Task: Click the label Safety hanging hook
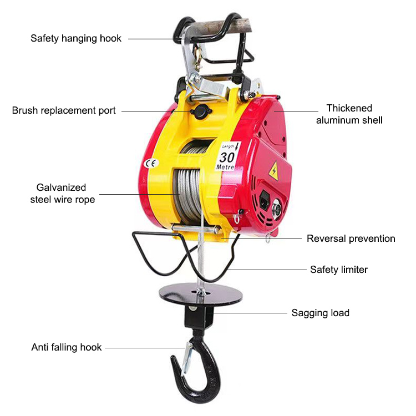(x=76, y=38)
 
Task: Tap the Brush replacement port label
(x=64, y=110)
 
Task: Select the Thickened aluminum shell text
(x=349, y=114)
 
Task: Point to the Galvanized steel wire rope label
(x=62, y=194)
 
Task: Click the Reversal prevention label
(x=351, y=239)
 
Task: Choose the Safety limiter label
(x=339, y=270)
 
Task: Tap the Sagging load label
(x=320, y=313)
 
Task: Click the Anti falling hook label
(x=67, y=347)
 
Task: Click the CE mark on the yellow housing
(x=151, y=164)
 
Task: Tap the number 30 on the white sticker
(x=227, y=158)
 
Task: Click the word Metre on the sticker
(x=225, y=167)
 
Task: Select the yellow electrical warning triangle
(x=274, y=171)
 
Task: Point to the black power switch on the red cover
(x=265, y=200)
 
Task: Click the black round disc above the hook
(x=201, y=295)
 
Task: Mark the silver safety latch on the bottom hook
(x=187, y=359)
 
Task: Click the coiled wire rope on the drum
(x=187, y=195)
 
